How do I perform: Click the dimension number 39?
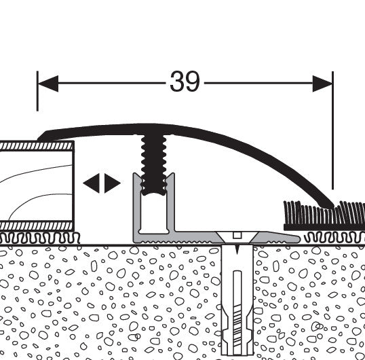185,82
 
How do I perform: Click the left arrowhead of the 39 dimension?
48,84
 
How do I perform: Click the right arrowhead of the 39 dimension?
323,84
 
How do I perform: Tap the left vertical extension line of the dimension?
37,91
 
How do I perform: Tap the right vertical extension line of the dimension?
333,130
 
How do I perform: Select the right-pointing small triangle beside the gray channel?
113,183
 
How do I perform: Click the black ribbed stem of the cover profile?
154,164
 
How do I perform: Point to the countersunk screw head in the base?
237,238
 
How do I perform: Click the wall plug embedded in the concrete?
237,301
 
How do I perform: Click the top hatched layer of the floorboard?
37,146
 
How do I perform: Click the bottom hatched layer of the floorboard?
37,226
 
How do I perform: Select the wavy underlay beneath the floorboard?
39,238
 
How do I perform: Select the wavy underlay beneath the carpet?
334,238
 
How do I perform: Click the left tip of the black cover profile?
39,139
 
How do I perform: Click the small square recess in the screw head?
237,235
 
